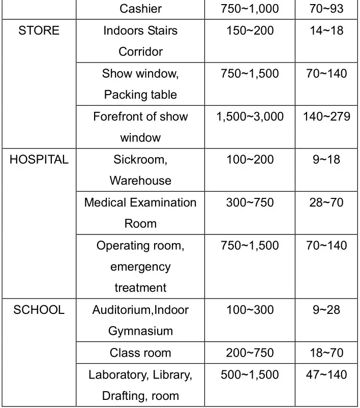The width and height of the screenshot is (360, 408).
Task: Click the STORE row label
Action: click(x=39, y=31)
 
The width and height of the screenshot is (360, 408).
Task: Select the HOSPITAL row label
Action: click(x=39, y=160)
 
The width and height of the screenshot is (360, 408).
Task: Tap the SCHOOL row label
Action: click(x=39, y=310)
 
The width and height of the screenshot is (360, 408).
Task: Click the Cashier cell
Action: click(x=140, y=9)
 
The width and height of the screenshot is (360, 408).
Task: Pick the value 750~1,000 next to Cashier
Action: click(x=250, y=9)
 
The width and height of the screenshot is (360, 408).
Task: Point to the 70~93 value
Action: click(x=326, y=9)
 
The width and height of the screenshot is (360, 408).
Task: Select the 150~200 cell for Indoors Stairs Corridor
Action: click(x=250, y=31)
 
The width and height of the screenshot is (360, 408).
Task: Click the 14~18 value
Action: click(x=326, y=31)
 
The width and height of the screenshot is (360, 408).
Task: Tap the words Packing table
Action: click(x=140, y=95)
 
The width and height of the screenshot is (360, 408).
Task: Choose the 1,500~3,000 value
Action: click(x=250, y=116)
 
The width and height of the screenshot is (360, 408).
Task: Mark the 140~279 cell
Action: click(x=326, y=116)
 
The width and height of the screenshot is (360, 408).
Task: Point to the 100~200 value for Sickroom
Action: click(x=250, y=160)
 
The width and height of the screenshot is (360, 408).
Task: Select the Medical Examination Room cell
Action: click(x=140, y=213)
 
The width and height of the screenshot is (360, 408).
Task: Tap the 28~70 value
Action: click(x=326, y=202)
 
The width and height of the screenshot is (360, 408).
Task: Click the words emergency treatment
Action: click(x=140, y=277)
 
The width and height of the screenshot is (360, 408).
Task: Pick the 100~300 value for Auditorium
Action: click(x=250, y=310)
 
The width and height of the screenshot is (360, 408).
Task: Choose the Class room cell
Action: click(x=140, y=353)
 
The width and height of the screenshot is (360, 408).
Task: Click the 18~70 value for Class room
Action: click(x=326, y=353)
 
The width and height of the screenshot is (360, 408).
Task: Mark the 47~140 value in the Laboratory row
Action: click(x=326, y=375)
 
